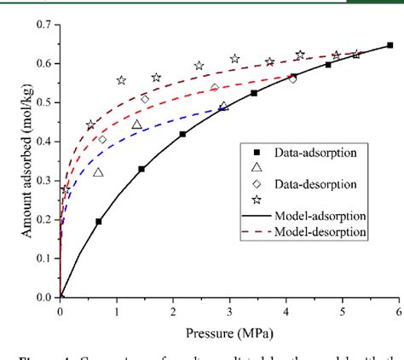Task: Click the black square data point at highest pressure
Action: point(390,45)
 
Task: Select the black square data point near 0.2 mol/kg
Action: point(99,222)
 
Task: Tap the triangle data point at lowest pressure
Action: point(98,172)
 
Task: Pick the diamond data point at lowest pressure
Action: point(102,140)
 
